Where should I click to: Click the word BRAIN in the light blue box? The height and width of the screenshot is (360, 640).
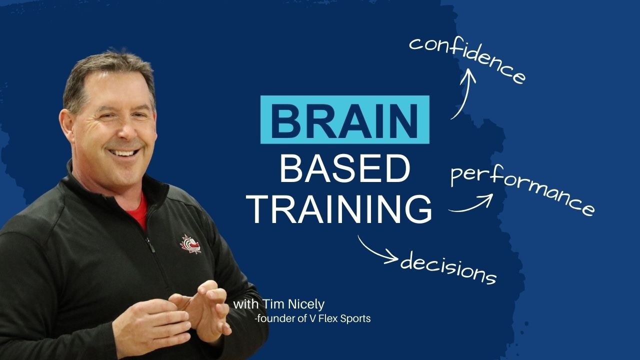pos(345,119)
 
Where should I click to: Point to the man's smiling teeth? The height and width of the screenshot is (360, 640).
pos(121,152)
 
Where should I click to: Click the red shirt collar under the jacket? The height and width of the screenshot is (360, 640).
pos(141,210)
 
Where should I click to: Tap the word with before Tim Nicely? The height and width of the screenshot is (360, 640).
pos(243,304)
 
